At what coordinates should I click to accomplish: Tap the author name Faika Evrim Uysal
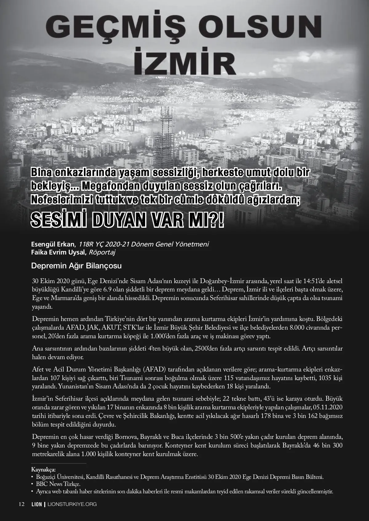58,253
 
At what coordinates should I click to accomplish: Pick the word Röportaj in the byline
102,253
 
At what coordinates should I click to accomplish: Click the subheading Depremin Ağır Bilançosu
76,266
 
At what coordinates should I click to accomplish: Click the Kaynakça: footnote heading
43,470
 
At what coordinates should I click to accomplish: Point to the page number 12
22,504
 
